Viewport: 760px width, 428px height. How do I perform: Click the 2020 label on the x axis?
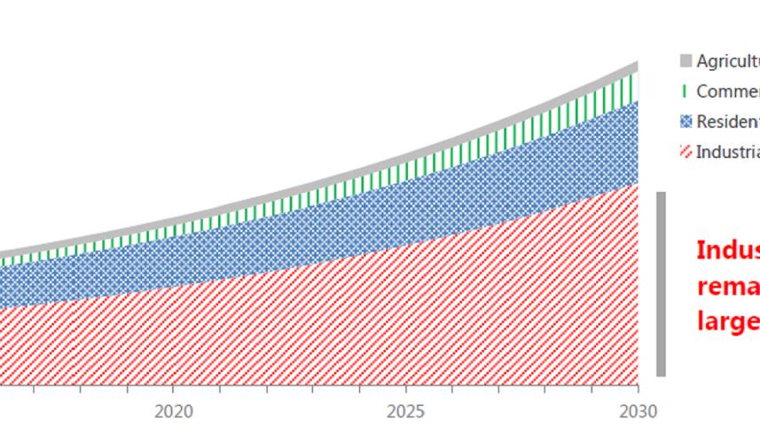(x=173, y=411)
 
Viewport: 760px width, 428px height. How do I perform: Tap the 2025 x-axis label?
(x=405, y=411)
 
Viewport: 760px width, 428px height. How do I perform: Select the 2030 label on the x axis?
(x=639, y=411)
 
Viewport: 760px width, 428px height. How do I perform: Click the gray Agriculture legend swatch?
(x=685, y=61)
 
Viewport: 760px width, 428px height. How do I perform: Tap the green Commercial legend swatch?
(x=685, y=91)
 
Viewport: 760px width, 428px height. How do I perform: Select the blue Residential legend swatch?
(x=685, y=122)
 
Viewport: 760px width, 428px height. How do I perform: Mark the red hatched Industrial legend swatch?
(x=685, y=152)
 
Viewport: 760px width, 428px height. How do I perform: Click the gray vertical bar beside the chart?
(x=661, y=283)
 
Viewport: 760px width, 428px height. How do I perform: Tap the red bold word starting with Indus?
(x=727, y=250)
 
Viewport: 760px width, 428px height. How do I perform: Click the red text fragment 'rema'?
(x=727, y=286)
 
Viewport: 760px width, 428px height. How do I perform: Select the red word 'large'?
(x=727, y=320)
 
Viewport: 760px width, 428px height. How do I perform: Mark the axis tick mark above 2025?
(x=405, y=388)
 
